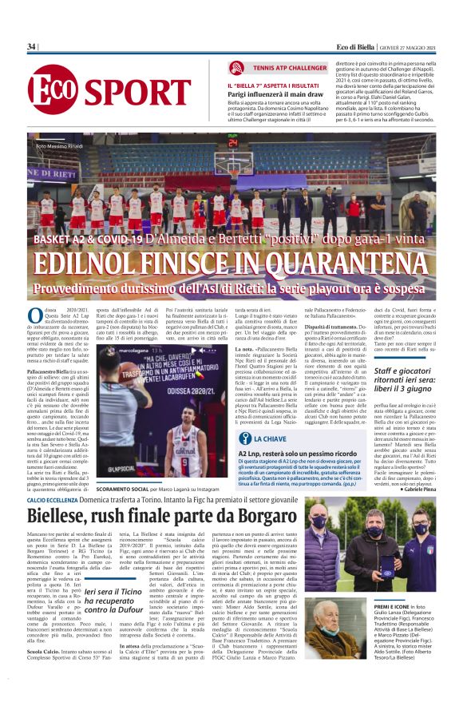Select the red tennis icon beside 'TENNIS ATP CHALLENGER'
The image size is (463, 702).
pyautogui.click(x=236, y=68)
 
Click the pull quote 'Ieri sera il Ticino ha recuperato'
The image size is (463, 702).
pyautogui.click(x=119, y=589)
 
